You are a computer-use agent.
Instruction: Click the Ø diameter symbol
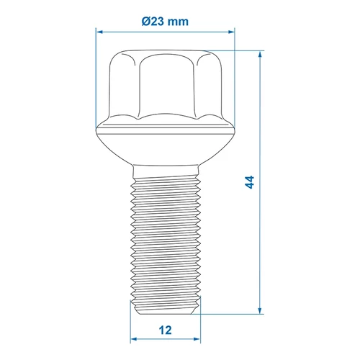[x=147, y=22]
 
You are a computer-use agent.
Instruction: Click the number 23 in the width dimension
[x=159, y=22]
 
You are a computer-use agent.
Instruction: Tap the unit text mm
[x=180, y=22]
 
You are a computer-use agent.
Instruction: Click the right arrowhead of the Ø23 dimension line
[x=231, y=32]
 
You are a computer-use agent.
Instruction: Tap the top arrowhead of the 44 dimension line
[x=259, y=55]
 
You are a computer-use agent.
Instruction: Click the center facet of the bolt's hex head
[x=166, y=86]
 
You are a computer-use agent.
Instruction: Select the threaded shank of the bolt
[x=166, y=238]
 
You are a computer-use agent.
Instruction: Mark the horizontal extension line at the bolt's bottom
[x=230, y=314]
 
